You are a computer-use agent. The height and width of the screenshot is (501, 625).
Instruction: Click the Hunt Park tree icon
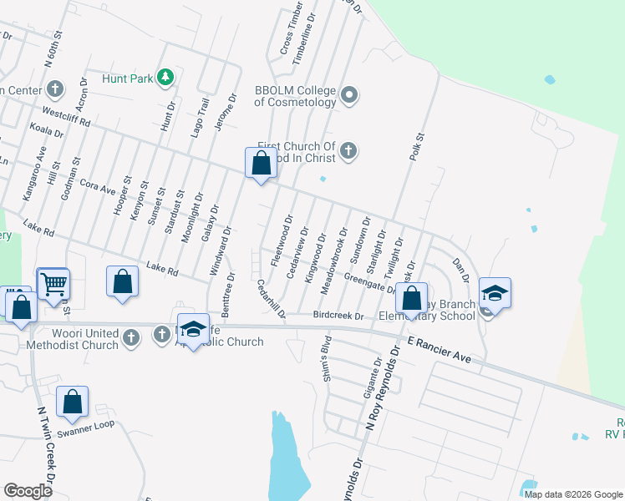tap(165, 78)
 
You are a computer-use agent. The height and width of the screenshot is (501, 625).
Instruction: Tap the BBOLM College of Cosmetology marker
tap(349, 95)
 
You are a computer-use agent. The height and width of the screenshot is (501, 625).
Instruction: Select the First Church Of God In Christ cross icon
tap(349, 151)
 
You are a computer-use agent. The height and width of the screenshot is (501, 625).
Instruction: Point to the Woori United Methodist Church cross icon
tap(130, 337)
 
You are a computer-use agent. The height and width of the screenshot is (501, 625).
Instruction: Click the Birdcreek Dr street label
tap(338, 316)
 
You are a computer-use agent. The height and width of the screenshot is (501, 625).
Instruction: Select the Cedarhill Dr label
tap(272, 298)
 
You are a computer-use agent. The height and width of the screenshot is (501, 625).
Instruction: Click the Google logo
tap(28, 490)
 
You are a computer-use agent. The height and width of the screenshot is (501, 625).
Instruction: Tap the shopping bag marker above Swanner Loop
tap(73, 402)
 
